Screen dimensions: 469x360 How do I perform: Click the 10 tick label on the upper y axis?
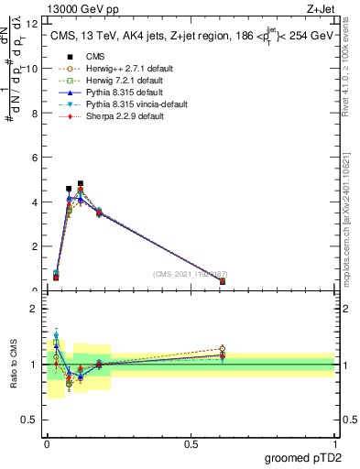point(35,69)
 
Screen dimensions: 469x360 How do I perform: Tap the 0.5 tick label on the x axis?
point(190,445)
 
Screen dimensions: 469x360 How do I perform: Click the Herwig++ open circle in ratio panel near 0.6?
point(223,348)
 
